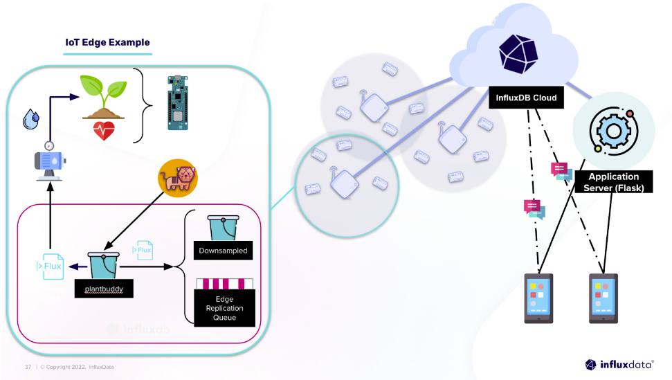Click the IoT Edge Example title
point(107,42)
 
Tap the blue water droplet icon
point(30,120)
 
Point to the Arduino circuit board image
point(176,102)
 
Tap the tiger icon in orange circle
point(178,178)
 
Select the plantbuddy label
point(103,287)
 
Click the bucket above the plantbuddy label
point(104,264)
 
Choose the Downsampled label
point(223,251)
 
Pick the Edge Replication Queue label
point(224,308)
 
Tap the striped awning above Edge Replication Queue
point(224,284)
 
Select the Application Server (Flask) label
point(614,182)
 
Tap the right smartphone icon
point(603,298)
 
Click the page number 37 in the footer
point(28,366)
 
